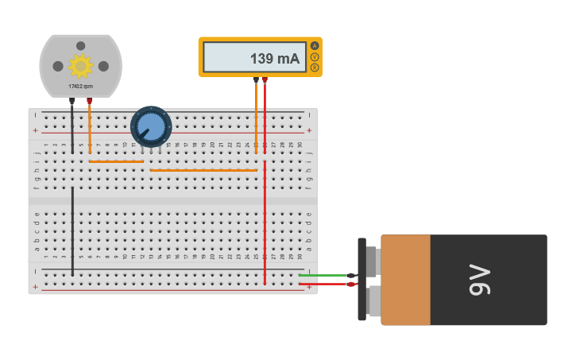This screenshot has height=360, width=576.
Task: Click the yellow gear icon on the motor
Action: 80,65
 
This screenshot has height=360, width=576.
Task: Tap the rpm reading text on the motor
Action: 80,86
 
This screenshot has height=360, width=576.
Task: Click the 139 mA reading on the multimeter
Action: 274,59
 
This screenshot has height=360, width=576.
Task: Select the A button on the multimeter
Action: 315,46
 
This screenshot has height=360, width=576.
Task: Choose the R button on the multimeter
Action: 315,68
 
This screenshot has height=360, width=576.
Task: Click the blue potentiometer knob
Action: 151,126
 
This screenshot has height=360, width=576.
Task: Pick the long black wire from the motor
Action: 72,223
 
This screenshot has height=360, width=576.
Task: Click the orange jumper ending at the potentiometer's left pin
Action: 116,161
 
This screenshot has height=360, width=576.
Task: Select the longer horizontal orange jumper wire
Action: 203,170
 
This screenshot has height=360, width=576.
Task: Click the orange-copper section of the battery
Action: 406,280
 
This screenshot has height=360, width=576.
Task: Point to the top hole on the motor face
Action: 80,46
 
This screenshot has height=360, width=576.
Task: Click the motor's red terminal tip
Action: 89,101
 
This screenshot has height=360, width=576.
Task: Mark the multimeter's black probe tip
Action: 256,80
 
